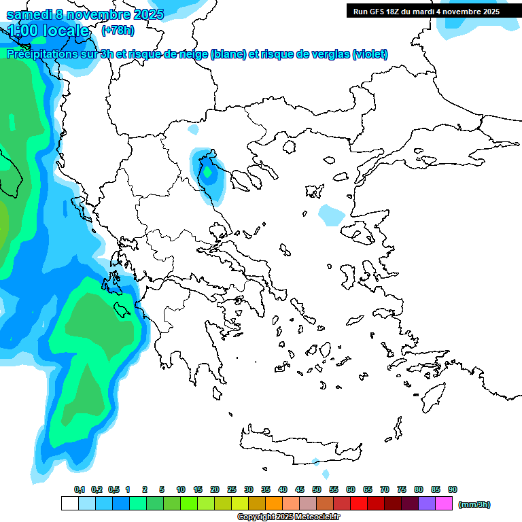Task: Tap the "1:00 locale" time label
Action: click(48, 31)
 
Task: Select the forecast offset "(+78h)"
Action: click(118, 31)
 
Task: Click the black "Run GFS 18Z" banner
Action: click(425, 11)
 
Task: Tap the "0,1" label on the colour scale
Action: click(80, 489)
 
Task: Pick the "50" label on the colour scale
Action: click(317, 489)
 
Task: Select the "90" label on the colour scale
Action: click(453, 489)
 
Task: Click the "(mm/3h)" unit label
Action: click(474, 504)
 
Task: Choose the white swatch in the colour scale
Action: click(69, 504)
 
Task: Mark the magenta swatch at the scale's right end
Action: click(444, 504)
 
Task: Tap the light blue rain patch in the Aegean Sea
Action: click(332, 215)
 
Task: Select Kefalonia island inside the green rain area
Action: click(123, 310)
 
